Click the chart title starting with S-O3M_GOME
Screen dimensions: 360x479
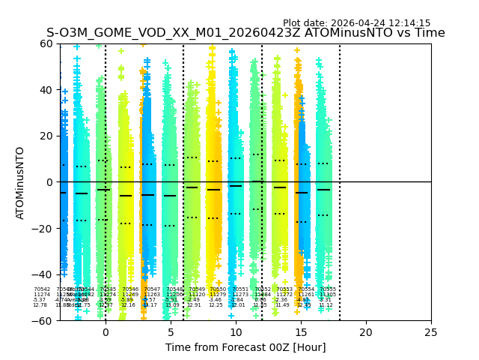coord(245,33)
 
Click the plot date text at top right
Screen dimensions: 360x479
coord(356,23)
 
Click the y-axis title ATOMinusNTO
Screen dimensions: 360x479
coord(20,182)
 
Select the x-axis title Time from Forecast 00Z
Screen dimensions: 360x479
coord(245,347)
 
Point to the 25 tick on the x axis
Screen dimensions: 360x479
coord(431,331)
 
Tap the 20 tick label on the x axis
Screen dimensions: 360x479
coord(366,331)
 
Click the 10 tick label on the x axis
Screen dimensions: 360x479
coord(236,331)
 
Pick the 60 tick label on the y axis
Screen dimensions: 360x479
coord(45,43)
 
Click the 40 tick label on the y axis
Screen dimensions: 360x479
coord(45,90)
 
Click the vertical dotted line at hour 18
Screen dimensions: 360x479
coord(340,150)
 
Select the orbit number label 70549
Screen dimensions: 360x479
coord(197,289)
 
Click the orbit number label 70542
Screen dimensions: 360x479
coord(42,289)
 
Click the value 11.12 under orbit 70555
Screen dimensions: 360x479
coord(326,305)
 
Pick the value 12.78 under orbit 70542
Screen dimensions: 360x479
coord(40,305)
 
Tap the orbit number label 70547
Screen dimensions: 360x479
coord(153,289)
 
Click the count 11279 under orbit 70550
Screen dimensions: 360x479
coord(217,295)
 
